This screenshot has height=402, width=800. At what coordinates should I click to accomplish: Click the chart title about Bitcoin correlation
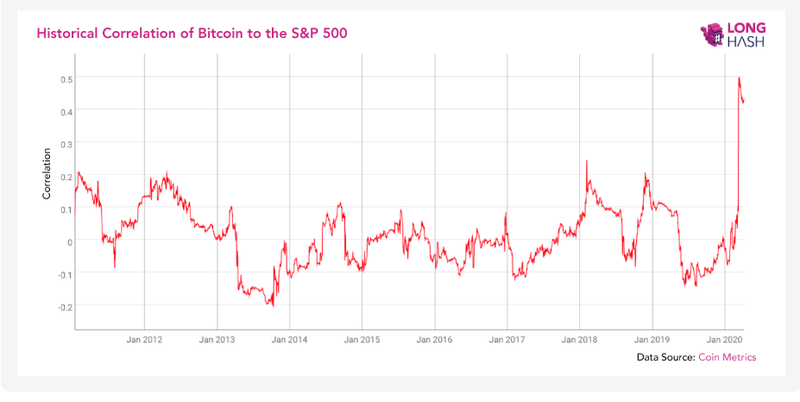tap(192, 33)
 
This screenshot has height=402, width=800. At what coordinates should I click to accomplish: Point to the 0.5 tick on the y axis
tap(65, 78)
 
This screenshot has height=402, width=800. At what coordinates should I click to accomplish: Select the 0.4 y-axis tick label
tap(65, 110)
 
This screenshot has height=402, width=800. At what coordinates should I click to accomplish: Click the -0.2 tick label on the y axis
tap(63, 305)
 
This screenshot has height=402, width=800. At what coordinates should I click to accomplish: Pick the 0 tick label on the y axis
tap(69, 241)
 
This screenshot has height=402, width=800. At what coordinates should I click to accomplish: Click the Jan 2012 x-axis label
tap(144, 340)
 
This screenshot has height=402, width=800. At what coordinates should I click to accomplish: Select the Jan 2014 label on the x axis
tap(289, 340)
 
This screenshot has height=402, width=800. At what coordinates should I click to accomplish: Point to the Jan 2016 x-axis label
tap(435, 340)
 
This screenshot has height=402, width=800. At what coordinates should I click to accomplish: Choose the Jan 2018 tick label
tap(580, 340)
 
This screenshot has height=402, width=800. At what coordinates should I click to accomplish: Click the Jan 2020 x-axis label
tap(725, 340)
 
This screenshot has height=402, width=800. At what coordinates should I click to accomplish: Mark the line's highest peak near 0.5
tap(740, 78)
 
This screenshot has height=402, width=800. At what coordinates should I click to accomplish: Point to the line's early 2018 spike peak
tap(587, 160)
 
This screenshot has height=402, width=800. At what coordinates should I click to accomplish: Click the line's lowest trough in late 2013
tap(273, 305)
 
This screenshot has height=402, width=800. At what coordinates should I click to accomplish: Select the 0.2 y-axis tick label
tap(65, 175)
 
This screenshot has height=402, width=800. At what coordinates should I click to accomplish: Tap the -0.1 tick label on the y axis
tap(63, 273)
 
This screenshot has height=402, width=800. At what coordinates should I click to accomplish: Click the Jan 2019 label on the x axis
tap(652, 340)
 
